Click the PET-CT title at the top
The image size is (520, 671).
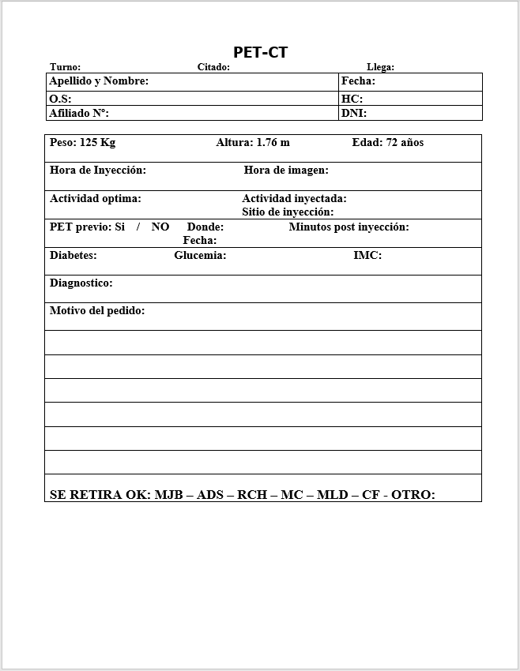[x=260, y=52]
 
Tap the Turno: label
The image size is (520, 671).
[x=65, y=67]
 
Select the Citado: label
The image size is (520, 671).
[x=213, y=67]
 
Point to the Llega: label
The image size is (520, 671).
[x=380, y=67]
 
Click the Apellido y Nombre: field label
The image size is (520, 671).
[x=99, y=81]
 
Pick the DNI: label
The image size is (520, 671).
[x=354, y=113]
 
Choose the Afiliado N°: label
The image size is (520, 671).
[x=79, y=113]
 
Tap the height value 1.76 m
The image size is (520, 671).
[x=273, y=143]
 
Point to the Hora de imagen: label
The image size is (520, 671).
[x=286, y=171]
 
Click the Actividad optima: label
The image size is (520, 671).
[x=96, y=199]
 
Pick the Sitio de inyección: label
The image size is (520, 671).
[x=288, y=212]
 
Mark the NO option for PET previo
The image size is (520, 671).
[x=160, y=227]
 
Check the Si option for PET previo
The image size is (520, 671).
[x=120, y=227]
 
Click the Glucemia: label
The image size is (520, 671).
[x=200, y=256]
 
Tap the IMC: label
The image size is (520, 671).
[x=367, y=256]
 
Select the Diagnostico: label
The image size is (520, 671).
[x=81, y=283]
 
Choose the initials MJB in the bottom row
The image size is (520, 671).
[x=168, y=495]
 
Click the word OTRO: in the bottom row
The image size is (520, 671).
[x=413, y=495]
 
